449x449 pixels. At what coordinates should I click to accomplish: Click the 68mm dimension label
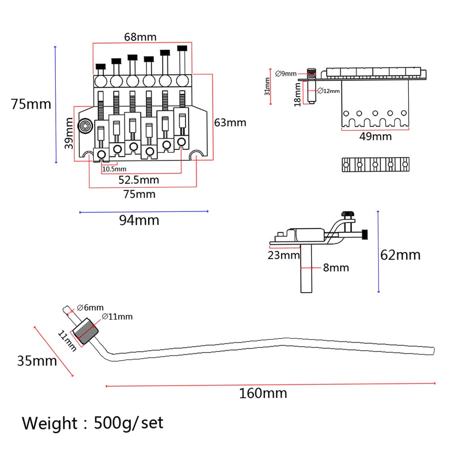click(140, 37)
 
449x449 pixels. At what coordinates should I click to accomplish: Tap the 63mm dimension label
click(230, 123)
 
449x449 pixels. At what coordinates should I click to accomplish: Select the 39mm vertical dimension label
click(69, 133)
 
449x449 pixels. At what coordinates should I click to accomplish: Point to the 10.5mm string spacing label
click(114, 169)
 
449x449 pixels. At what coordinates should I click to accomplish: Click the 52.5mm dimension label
click(139, 180)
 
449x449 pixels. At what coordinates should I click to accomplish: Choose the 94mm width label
click(139, 220)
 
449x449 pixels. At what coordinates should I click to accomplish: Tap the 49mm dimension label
click(375, 136)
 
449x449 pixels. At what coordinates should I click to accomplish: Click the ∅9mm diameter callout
click(286, 74)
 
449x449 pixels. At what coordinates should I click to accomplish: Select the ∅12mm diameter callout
click(329, 91)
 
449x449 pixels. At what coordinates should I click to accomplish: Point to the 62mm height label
click(401, 255)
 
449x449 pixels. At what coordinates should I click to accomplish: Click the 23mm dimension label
click(283, 255)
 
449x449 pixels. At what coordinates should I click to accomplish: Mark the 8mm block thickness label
click(336, 268)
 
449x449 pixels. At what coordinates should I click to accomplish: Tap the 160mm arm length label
click(263, 393)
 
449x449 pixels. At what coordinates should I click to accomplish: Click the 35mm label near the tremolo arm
click(37, 361)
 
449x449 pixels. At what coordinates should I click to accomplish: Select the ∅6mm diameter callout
click(90, 308)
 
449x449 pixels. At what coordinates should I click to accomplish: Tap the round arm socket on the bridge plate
click(85, 126)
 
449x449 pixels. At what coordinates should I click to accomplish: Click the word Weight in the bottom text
click(49, 423)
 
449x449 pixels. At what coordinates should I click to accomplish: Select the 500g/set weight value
click(128, 423)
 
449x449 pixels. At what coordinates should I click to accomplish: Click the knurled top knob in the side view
click(348, 214)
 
